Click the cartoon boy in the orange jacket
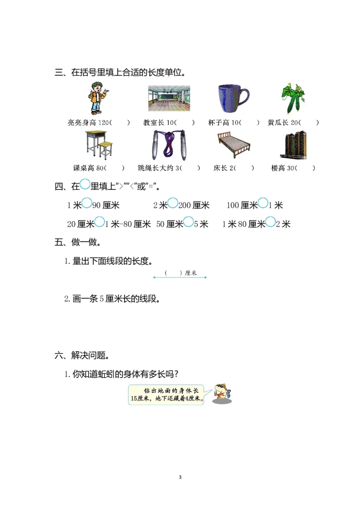[x=97, y=98]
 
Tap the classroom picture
[x=169, y=98]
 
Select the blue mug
[x=231, y=98]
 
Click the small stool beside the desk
[x=106, y=149]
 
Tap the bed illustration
[x=233, y=145]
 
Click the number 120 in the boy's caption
[x=104, y=123]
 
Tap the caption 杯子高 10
[x=225, y=123]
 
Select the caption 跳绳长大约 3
[x=160, y=168]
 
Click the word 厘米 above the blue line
[x=191, y=273]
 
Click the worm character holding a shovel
[x=220, y=392]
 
